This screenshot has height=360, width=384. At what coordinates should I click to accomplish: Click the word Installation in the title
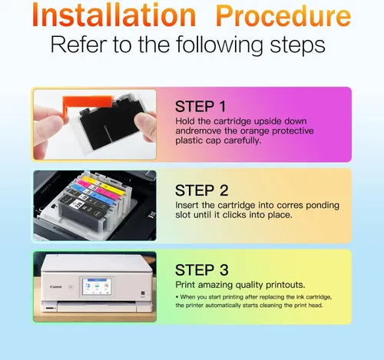(114, 15)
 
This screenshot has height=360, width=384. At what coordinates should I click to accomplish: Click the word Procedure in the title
(283, 16)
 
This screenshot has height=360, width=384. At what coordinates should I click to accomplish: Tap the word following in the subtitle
(220, 45)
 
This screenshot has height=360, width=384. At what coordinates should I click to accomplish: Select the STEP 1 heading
(200, 107)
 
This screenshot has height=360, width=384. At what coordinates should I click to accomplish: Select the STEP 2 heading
(202, 190)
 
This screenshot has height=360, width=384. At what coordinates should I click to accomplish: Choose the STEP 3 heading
(202, 270)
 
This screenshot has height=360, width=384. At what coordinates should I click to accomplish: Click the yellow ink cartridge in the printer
(105, 185)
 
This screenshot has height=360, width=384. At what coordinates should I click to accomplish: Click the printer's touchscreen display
(97, 287)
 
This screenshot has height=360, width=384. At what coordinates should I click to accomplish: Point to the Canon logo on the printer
(56, 287)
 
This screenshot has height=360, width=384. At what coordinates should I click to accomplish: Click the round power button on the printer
(71, 287)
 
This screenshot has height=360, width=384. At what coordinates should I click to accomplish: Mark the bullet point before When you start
(177, 297)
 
